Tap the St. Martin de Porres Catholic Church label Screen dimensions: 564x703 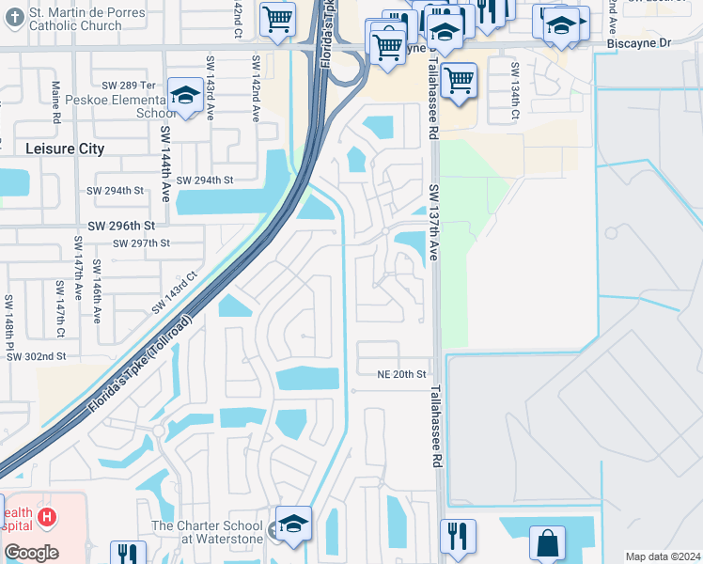[x=76, y=19]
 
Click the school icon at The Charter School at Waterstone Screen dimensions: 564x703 [x=293, y=525]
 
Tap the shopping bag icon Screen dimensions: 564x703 [x=547, y=542]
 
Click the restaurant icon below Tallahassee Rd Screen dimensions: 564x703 [x=458, y=536]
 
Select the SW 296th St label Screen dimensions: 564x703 [x=121, y=227]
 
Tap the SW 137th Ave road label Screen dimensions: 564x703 [x=434, y=222]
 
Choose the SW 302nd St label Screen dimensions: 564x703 [x=37, y=356]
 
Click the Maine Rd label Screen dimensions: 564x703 [x=56, y=102]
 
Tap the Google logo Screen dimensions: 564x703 [x=31, y=552]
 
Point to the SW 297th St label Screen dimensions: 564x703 [x=141, y=243]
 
